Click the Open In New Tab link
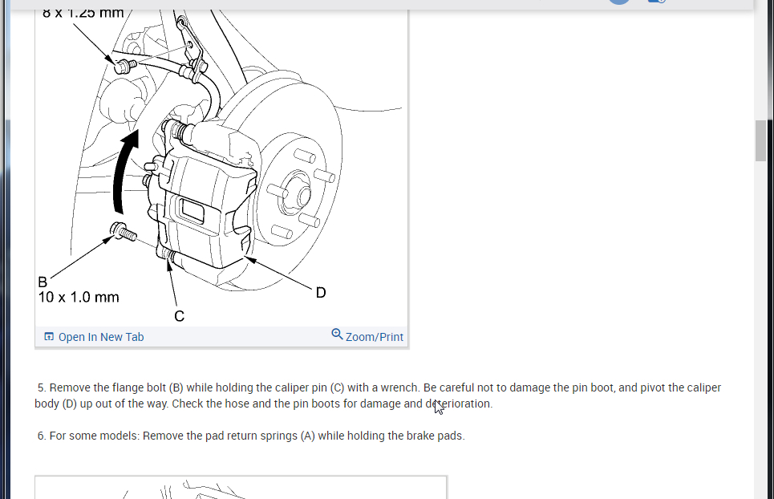(100, 337)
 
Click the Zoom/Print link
(374, 337)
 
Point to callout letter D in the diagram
(321, 293)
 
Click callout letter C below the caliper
(179, 316)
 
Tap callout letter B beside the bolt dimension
(43, 282)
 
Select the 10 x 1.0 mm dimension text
(79, 298)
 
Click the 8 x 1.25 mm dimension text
(83, 13)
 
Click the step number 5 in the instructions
(41, 387)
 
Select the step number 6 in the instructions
(41, 436)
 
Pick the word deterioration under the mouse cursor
(459, 404)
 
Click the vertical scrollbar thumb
(760, 141)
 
